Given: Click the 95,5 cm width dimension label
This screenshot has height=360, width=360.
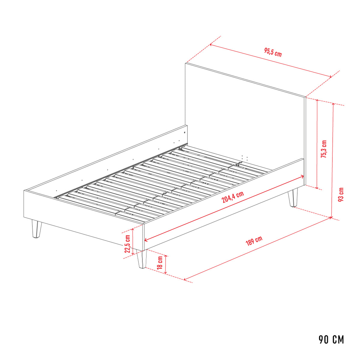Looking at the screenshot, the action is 273,52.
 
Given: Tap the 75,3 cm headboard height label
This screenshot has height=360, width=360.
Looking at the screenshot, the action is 324,149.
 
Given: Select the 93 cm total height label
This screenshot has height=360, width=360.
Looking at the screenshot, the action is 341,194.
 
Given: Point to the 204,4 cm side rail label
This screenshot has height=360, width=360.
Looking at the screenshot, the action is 233,197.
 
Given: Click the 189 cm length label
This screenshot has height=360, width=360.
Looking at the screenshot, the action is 254,241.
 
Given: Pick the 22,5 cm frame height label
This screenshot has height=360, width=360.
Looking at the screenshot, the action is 127,244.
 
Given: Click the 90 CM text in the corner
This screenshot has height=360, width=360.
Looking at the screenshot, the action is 331,345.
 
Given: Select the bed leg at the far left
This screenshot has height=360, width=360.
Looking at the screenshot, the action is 37,229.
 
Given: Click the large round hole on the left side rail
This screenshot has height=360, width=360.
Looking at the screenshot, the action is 185,132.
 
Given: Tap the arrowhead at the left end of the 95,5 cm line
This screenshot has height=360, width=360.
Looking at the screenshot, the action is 211,45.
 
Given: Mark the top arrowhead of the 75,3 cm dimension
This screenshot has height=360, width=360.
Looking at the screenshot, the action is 317,101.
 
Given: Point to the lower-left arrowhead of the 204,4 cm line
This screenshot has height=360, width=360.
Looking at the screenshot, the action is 146,240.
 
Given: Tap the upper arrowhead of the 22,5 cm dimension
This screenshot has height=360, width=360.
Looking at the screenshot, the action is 133,230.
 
